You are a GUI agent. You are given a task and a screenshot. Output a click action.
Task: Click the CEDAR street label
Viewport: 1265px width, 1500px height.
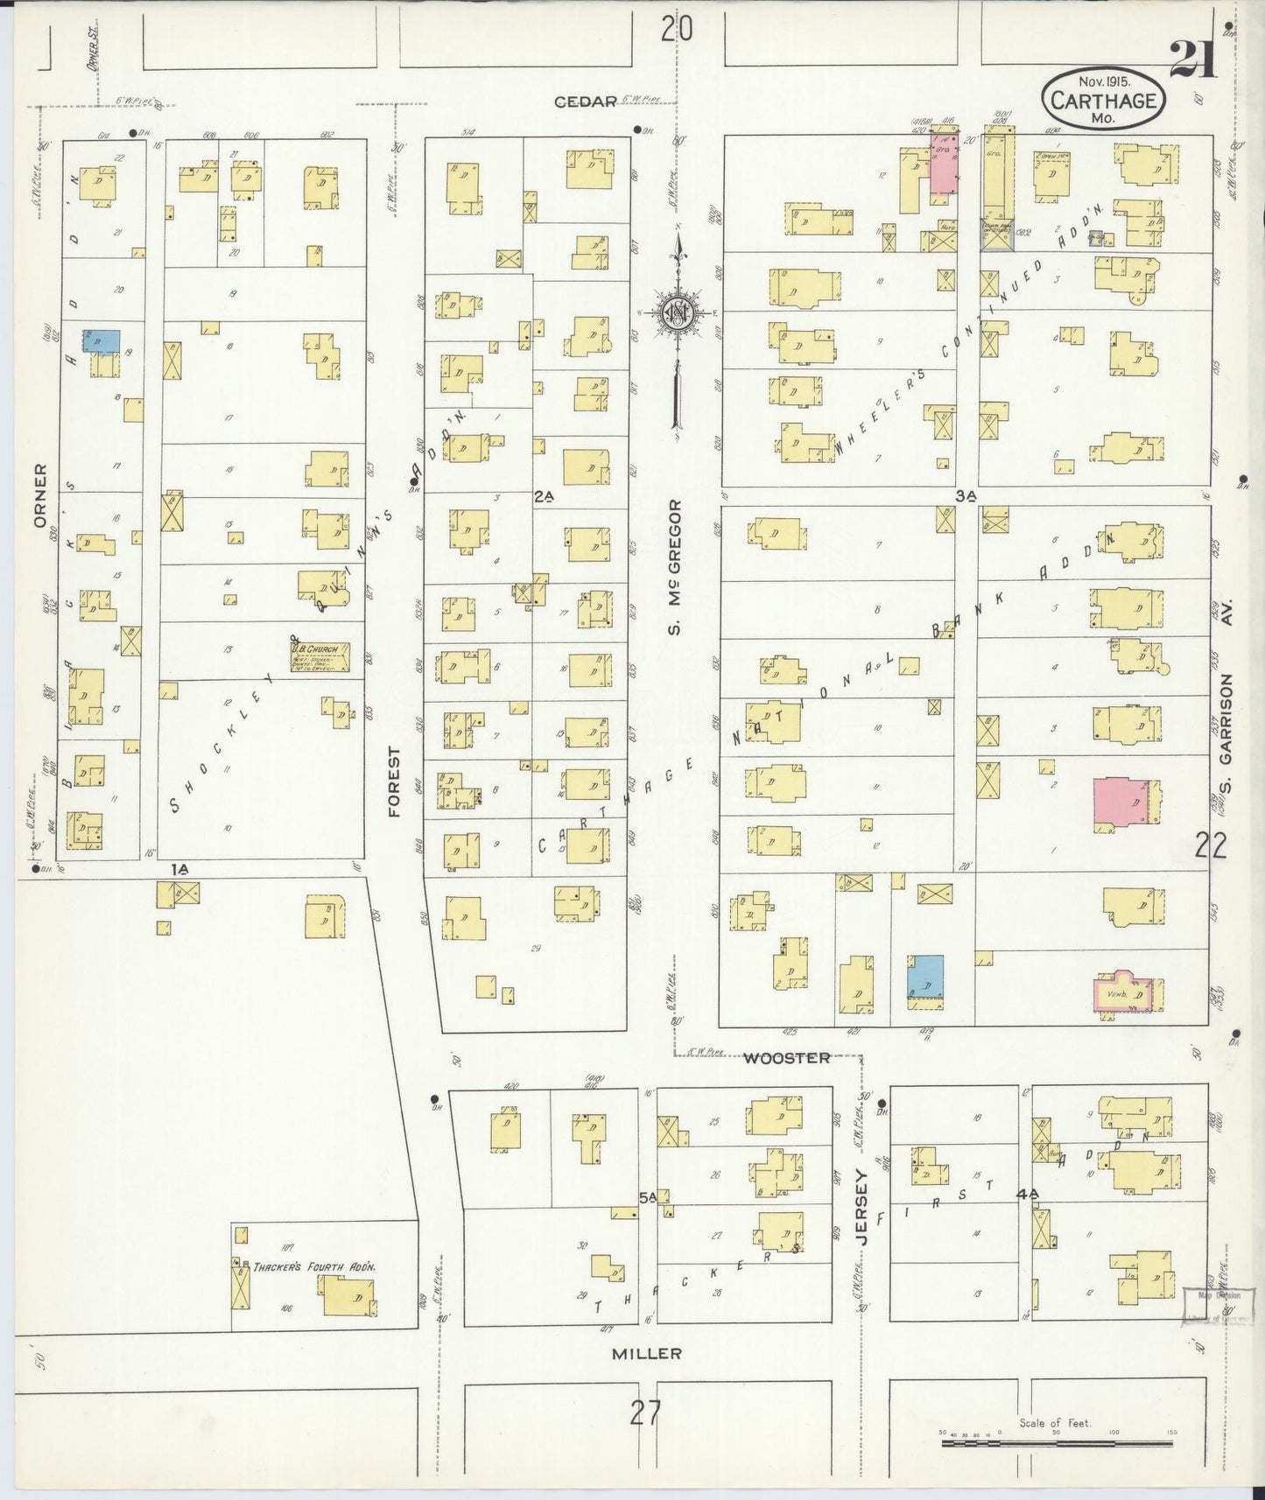tap(587, 102)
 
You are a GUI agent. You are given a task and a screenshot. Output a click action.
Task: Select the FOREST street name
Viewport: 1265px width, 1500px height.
tap(394, 782)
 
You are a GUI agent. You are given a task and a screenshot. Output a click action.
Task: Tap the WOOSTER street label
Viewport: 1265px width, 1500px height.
tap(786, 1058)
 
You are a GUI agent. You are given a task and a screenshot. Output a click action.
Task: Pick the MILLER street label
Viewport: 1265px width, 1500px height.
tap(646, 1353)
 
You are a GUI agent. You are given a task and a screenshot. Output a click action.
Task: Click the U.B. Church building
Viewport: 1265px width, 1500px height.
tap(320, 655)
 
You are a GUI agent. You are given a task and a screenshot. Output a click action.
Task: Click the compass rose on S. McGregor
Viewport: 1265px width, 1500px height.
tap(677, 312)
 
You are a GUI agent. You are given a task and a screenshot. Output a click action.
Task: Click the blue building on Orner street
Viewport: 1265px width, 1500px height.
tap(102, 340)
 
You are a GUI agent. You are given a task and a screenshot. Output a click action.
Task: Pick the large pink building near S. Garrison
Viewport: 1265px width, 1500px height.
tap(1121, 799)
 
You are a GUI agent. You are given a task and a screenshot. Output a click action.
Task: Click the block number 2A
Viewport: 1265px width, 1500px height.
tap(545, 496)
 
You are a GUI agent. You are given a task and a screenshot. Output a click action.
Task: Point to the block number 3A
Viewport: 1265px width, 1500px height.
tap(965, 495)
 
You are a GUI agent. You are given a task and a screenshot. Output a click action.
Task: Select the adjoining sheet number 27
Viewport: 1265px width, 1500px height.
tap(645, 1412)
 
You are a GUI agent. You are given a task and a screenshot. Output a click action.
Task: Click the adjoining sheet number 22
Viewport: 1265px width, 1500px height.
tap(1212, 845)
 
